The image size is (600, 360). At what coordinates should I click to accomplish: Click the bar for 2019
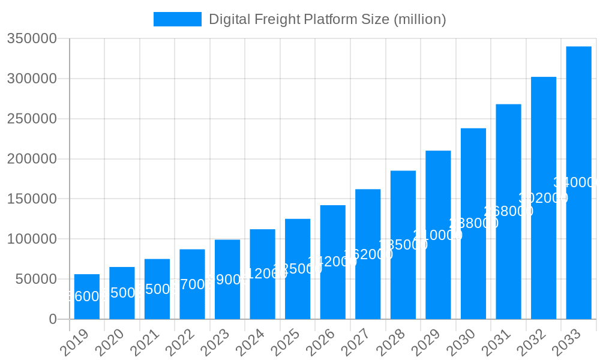pyautogui.click(x=87, y=296)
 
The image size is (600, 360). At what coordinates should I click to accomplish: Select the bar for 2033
pyautogui.click(x=578, y=182)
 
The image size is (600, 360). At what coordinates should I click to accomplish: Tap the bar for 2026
pyautogui.click(x=333, y=262)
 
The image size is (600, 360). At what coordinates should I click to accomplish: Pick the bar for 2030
pyautogui.click(x=473, y=223)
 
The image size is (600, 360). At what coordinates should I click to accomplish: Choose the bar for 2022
pyautogui.click(x=192, y=284)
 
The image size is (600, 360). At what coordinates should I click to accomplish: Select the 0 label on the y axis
pyautogui.click(x=53, y=319)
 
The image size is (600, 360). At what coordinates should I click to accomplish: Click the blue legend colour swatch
pyautogui.click(x=178, y=19)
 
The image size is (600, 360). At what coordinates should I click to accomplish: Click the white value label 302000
pyautogui.click(x=543, y=198)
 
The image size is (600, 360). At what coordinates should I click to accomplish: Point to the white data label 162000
pyautogui.click(x=368, y=254)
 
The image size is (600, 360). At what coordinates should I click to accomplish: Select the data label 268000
pyautogui.click(x=508, y=211)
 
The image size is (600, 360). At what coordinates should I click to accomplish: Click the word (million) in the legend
pyautogui.click(x=419, y=19)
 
